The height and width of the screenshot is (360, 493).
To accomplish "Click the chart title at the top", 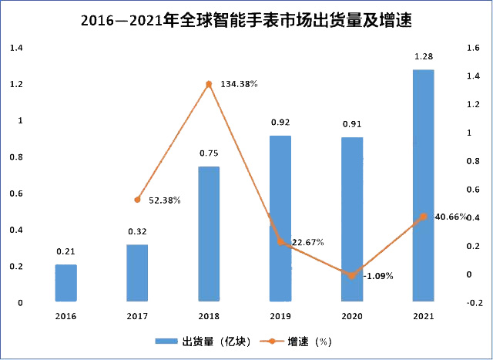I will [246, 21].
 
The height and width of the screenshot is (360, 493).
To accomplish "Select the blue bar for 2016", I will [66, 282].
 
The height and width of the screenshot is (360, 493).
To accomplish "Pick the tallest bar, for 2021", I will [423, 185].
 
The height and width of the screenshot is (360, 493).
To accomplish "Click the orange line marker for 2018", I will [209, 83].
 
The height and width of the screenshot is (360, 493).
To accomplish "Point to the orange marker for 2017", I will [138, 200].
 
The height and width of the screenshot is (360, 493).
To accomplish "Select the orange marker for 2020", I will [352, 275].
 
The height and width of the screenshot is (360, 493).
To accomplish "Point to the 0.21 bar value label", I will [66, 251].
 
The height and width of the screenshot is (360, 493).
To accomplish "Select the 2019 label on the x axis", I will [280, 316].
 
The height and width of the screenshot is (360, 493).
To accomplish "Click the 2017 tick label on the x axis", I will [138, 316].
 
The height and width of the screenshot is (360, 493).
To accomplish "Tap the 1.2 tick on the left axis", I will [15, 85].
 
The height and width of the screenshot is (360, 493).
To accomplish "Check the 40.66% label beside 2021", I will [451, 217].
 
